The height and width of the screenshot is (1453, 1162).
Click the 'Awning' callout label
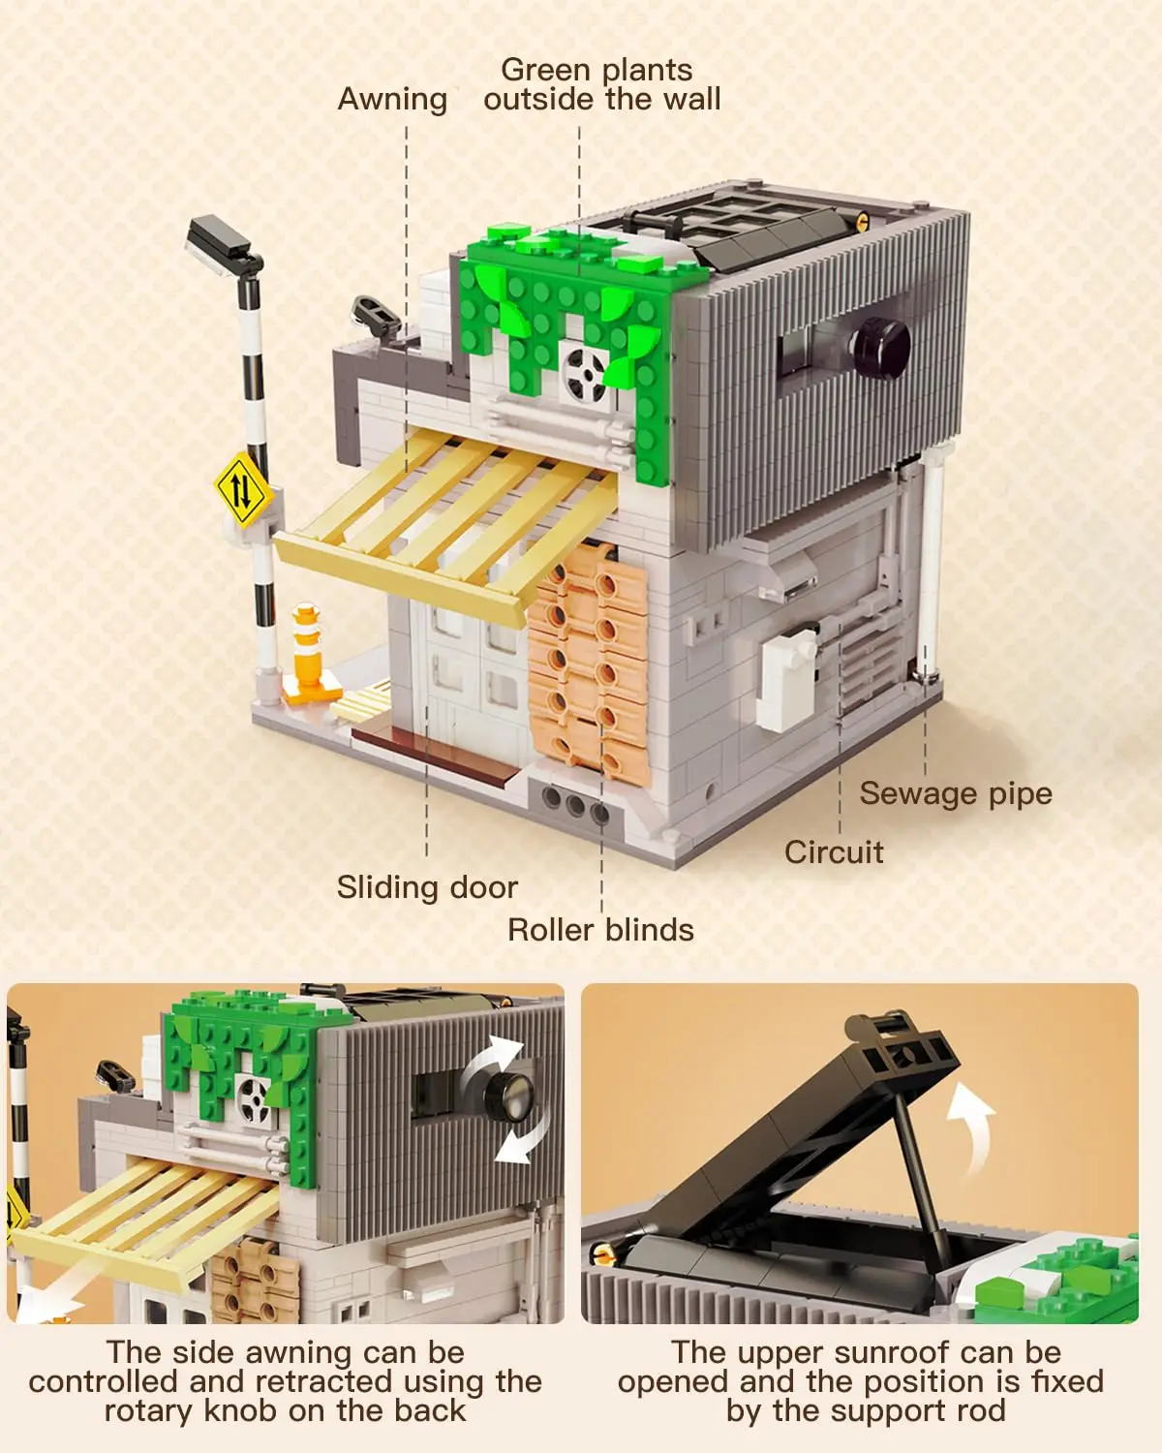(392, 99)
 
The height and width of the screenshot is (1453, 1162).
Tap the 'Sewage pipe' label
(955, 793)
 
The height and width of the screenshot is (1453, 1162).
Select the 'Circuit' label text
(834, 852)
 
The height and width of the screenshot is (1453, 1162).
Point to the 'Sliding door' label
(427, 887)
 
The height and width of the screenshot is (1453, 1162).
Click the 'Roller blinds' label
(600, 930)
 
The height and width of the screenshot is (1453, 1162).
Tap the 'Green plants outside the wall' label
(601, 84)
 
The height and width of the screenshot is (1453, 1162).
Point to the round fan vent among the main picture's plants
(586, 371)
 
